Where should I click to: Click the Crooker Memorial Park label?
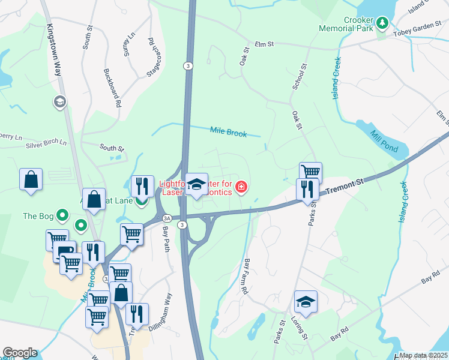351,24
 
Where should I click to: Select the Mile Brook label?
228,132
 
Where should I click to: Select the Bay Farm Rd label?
246,276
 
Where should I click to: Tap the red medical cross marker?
241,188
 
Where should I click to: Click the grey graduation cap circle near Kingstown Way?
59,102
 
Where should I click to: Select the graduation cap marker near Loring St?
306,301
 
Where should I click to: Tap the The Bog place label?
38,215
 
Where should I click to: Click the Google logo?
19,353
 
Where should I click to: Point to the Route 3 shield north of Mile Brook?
188,66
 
